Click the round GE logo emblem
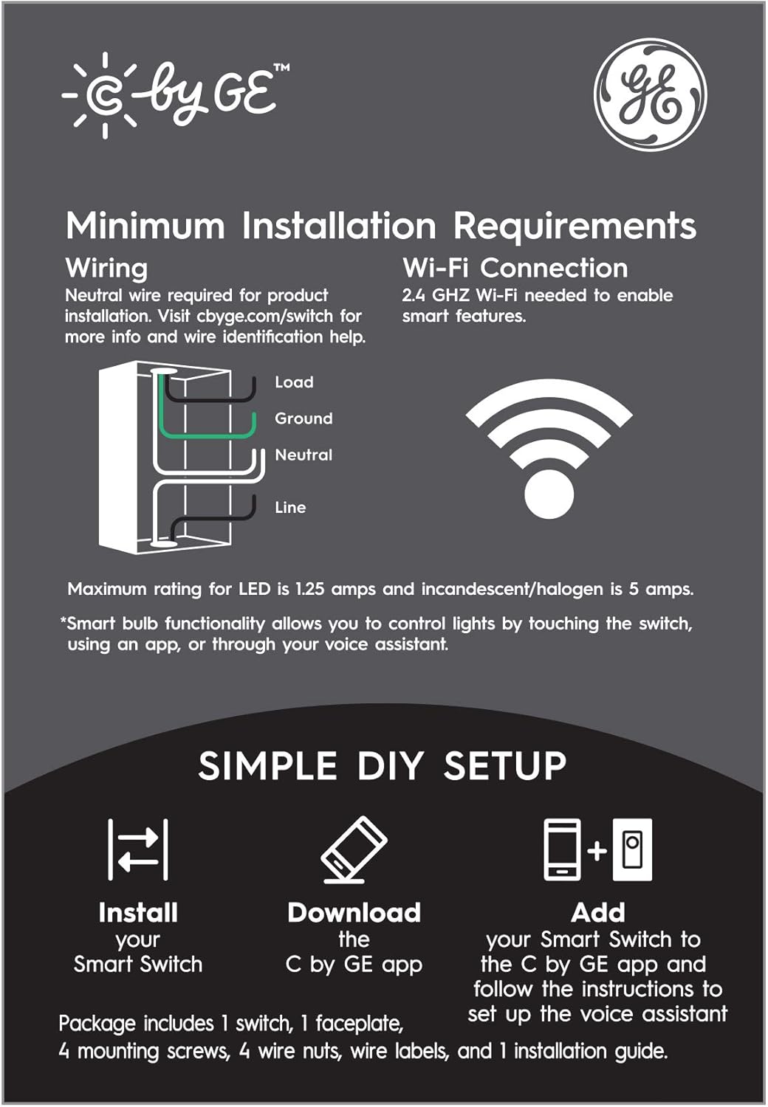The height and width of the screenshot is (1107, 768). coord(650,95)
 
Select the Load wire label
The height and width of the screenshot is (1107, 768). coord(294,382)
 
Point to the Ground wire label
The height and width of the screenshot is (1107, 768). coord(304,418)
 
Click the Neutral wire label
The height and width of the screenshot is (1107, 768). coord(304,455)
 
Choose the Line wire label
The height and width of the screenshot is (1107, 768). coord(290,508)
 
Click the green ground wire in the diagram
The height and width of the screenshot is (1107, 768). coord(207,435)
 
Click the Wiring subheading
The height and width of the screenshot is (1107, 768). coord(106,268)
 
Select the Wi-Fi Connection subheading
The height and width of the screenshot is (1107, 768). coord(515,268)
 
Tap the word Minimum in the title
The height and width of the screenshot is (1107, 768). coord(145,226)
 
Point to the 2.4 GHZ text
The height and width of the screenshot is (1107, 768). coord(436,296)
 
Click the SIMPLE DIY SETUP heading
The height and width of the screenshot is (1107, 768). coord(383,766)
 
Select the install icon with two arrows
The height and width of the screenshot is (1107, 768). coord(138,849)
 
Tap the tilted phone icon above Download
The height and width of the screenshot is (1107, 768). coord(354,849)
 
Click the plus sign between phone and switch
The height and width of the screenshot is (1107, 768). coord(597,851)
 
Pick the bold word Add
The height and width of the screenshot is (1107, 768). coord(597,913)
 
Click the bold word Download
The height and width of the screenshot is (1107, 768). coord(354,913)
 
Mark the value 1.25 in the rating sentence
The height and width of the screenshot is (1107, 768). coord(310,590)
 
